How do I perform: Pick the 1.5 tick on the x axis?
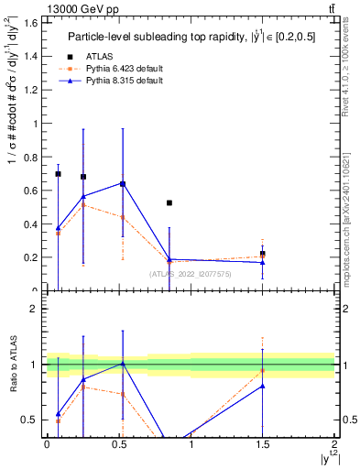[262, 444]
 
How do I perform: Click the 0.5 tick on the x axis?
[118, 444]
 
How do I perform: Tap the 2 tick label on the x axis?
[334, 444]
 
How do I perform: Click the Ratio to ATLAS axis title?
[12, 364]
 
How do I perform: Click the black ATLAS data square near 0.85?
[169, 202]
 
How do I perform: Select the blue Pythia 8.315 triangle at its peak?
[123, 183]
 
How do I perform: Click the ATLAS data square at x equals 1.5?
[263, 254]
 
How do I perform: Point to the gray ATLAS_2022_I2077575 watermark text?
[190, 273]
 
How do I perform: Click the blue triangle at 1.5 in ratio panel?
[263, 387]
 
